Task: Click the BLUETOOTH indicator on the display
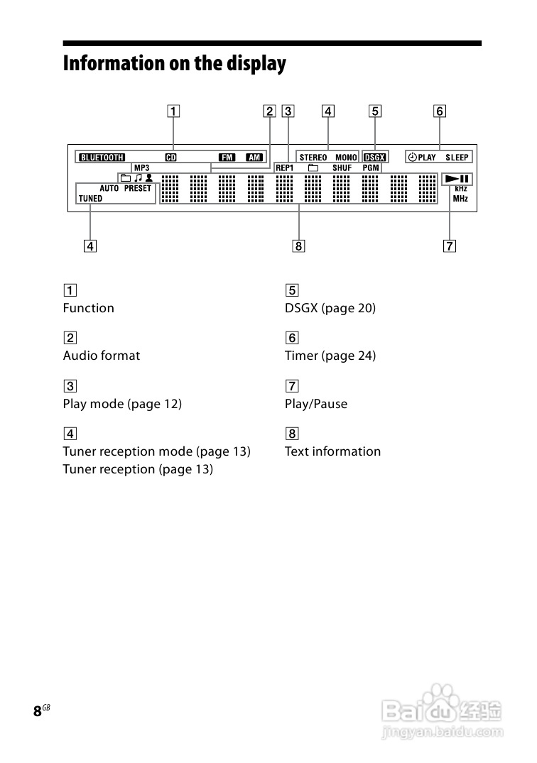(102, 158)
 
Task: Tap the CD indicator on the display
(170, 158)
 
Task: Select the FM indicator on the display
(227, 158)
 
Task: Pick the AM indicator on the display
(254, 158)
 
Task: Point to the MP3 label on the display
(141, 168)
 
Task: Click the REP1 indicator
(284, 168)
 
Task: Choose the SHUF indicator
(342, 168)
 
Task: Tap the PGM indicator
(371, 168)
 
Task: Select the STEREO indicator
(313, 158)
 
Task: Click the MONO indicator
(346, 158)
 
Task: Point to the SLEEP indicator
(457, 158)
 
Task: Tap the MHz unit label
(460, 199)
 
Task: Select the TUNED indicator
(90, 199)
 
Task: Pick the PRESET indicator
(138, 189)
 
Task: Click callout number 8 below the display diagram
(298, 246)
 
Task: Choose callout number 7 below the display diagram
(449, 246)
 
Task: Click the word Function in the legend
(88, 308)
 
